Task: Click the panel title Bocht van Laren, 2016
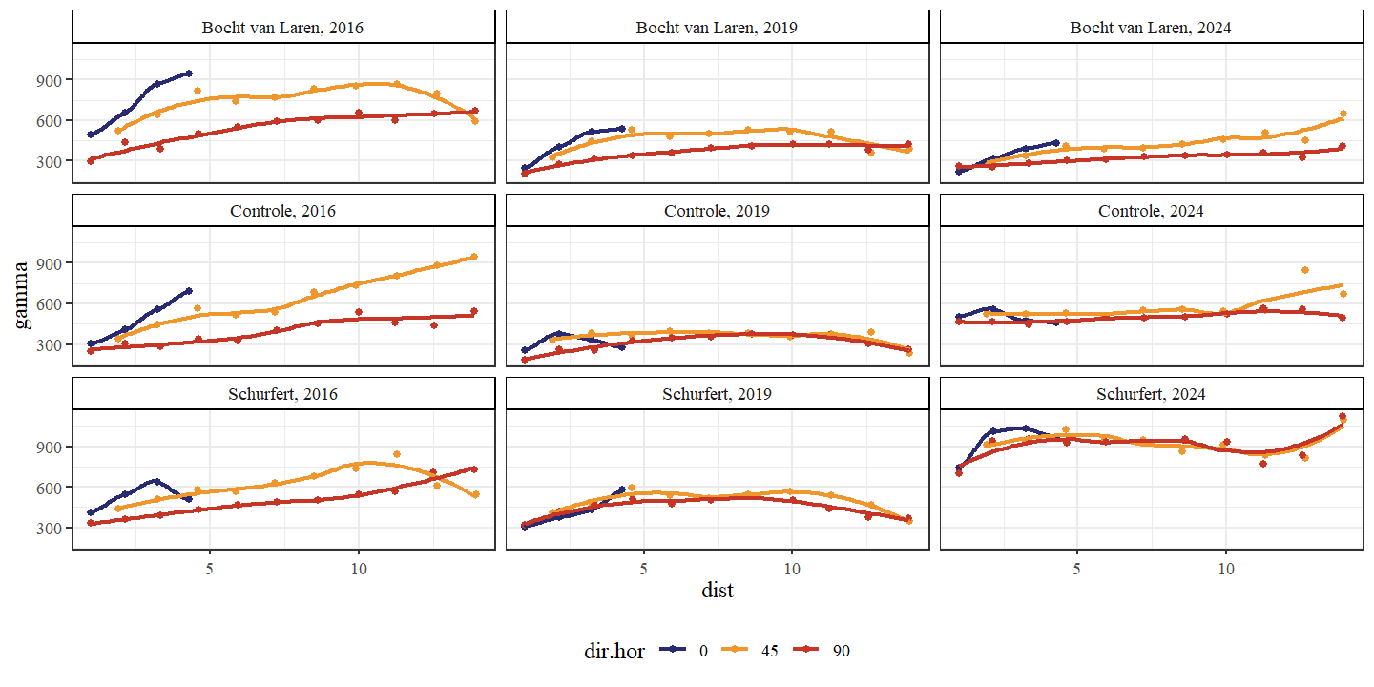pos(283,28)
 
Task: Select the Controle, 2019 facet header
pos(717,211)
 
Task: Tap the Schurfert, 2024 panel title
pos(1151,394)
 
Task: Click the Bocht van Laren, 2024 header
pos(1151,28)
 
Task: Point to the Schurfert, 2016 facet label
pos(283,394)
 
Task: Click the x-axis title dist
pos(717,591)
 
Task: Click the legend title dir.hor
pos(614,651)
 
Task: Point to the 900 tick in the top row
pos(54,80)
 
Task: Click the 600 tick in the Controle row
pos(54,304)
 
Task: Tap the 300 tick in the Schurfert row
pos(54,528)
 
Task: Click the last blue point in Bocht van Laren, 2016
pos(188,73)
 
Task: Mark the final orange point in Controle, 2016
pos(474,257)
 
